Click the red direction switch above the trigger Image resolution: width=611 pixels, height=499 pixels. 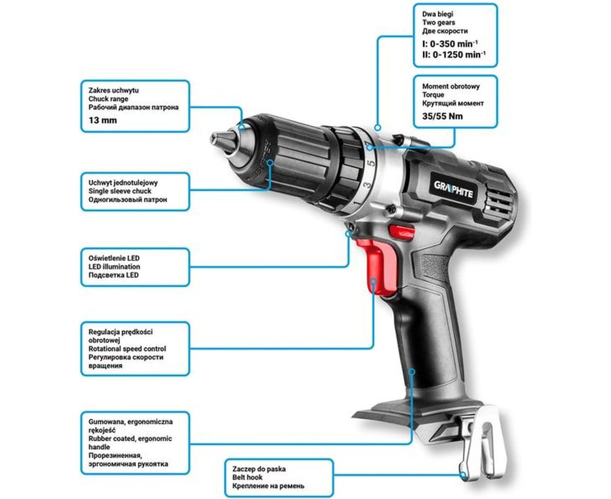click(x=401, y=231)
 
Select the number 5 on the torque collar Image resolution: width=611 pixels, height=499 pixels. click(x=371, y=163)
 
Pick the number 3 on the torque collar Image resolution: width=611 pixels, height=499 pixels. click(x=367, y=184)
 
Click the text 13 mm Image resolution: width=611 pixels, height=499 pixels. click(x=102, y=120)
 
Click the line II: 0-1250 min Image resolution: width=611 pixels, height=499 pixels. click(x=454, y=54)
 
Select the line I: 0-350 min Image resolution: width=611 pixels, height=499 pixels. click(x=450, y=44)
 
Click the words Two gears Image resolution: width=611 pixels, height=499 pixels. click(x=438, y=22)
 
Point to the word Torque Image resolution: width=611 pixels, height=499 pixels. click(x=433, y=95)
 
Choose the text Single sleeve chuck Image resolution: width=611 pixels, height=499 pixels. click(x=119, y=191)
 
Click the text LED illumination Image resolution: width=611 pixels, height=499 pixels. click(x=114, y=267)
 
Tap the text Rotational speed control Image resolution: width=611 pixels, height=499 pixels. click(x=127, y=349)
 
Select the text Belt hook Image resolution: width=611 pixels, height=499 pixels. click(x=247, y=478)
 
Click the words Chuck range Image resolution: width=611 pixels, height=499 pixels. click(x=108, y=99)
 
